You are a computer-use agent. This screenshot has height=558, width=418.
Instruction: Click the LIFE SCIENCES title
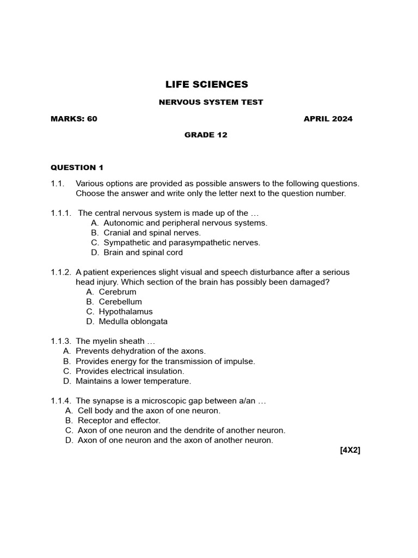pos(206,84)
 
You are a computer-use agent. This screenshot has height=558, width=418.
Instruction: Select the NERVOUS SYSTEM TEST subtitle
pos(211,102)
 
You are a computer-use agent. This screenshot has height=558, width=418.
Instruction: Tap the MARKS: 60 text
pos(74,119)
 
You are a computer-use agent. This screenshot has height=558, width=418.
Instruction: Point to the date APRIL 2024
pos(328,119)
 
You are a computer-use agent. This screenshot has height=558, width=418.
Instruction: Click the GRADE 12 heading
pos(206,135)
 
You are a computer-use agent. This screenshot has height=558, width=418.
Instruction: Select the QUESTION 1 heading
pos(77,167)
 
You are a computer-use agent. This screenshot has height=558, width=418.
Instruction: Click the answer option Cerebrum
pos(118,292)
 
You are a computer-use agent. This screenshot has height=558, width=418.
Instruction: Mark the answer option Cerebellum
pos(120,302)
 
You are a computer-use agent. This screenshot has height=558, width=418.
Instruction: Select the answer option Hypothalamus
pos(126,312)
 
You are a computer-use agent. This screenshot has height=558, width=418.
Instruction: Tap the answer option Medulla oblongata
pos(133,322)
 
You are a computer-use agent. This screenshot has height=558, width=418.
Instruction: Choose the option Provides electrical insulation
pos(130,371)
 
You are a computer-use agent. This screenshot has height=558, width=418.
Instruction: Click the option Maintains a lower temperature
pos(133,381)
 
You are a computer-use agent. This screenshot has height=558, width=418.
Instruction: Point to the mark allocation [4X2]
pos(350,450)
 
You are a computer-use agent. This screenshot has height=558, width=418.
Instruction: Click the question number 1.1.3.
pos(61,341)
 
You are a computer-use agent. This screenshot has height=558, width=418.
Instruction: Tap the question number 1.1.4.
pos(61,401)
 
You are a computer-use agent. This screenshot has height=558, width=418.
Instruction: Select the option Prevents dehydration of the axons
pos(140,351)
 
